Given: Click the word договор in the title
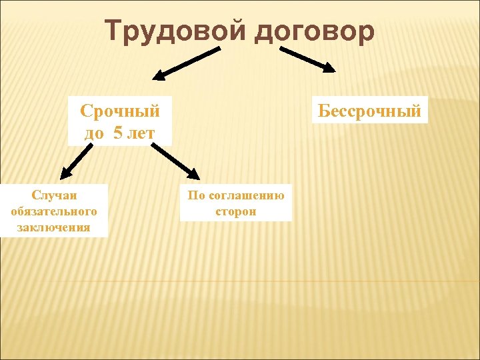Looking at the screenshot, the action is click(x=314, y=31).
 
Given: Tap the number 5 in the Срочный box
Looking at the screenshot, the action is click(x=118, y=133).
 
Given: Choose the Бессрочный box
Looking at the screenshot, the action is click(x=369, y=111).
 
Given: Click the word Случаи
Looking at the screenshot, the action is click(x=54, y=195).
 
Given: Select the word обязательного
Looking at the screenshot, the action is click(x=54, y=211).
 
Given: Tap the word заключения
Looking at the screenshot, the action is click(x=54, y=227).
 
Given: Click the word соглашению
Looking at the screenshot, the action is click(x=247, y=195).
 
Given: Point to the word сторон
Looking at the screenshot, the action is click(x=236, y=211).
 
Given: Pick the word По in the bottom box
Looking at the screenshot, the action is click(x=196, y=195).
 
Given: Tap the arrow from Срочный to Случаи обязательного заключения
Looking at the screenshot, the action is click(x=75, y=162).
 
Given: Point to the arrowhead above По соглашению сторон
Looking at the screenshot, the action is click(x=193, y=175).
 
